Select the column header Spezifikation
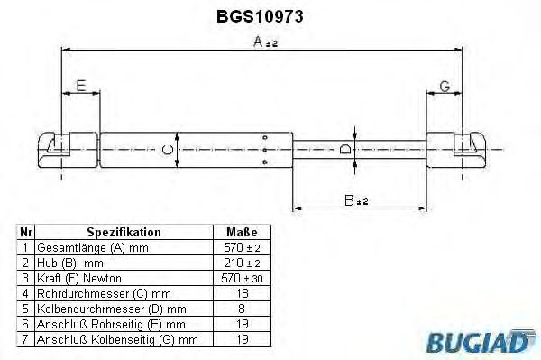[x=124, y=232]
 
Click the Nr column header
[x=26, y=232]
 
